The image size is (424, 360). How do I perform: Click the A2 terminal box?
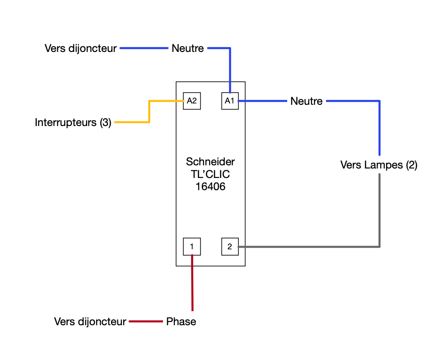pyautogui.click(x=191, y=101)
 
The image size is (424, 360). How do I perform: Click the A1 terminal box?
pyautogui.click(x=230, y=101)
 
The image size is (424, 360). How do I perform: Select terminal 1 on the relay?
pyautogui.click(x=191, y=247)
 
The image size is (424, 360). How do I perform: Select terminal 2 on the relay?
pyautogui.click(x=230, y=247)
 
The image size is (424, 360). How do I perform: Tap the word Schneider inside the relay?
pyautogui.click(x=210, y=162)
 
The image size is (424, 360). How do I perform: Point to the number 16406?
pyautogui.click(x=210, y=186)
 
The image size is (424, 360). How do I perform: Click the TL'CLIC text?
pyautogui.click(x=210, y=174)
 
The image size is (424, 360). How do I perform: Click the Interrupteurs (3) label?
pyautogui.click(x=73, y=122)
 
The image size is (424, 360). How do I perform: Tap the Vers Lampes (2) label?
pyautogui.click(x=379, y=165)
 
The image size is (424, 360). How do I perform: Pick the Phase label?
pyautogui.click(x=181, y=322)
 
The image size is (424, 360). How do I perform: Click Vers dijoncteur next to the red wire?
pyautogui.click(x=90, y=322)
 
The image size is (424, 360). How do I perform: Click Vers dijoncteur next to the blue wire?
pyautogui.click(x=81, y=48)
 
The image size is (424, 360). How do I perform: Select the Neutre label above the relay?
pyautogui.click(x=188, y=48)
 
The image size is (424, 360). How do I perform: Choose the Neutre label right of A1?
pyautogui.click(x=307, y=101)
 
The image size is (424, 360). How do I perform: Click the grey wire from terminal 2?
pyautogui.click(x=312, y=247)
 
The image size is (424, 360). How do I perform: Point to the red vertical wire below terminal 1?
pyautogui.click(x=192, y=285)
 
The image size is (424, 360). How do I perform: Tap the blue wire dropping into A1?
pyautogui.click(x=230, y=68)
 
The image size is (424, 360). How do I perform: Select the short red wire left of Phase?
pyautogui.click(x=146, y=322)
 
